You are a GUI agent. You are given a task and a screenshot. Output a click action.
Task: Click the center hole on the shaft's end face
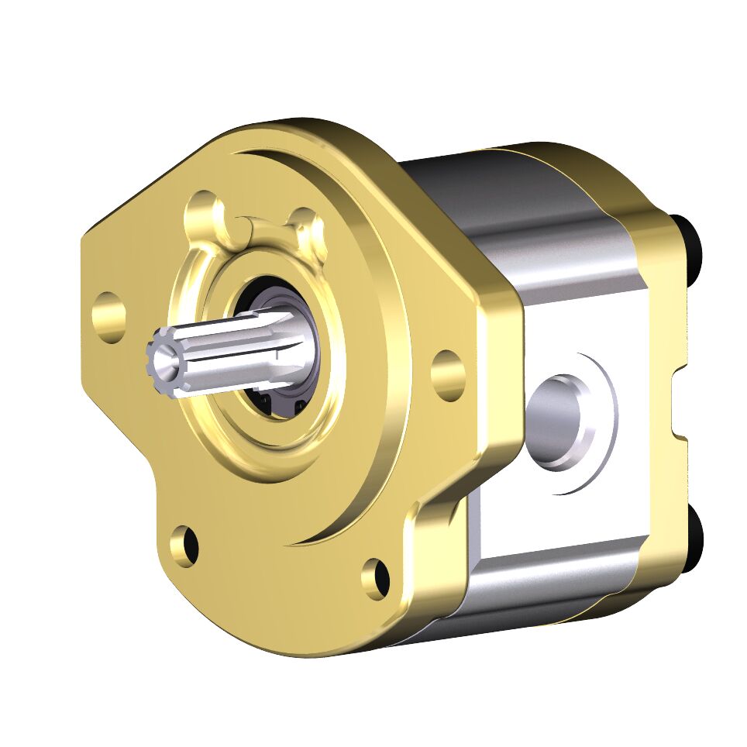pos(164,359)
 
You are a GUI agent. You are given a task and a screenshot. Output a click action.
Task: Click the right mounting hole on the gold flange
pos(448,374)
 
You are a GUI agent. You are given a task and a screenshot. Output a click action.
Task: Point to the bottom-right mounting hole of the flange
pos(377,577)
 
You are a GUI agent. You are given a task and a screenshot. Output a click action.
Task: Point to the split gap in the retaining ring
pos(246,225)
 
